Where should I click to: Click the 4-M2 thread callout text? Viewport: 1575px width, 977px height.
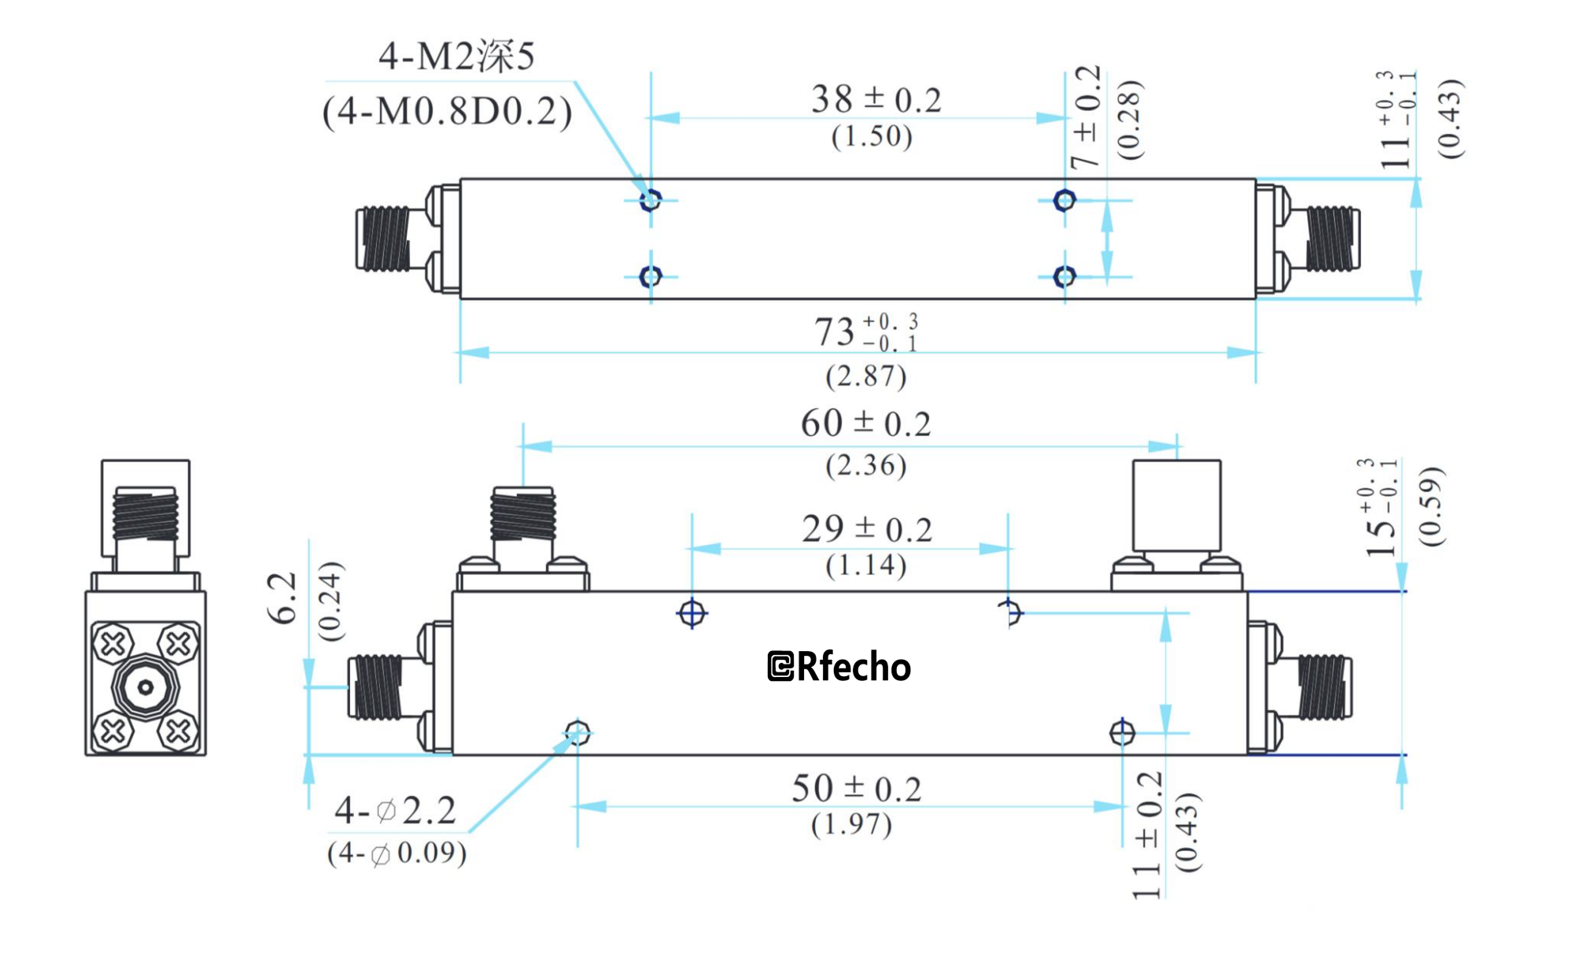tap(456, 57)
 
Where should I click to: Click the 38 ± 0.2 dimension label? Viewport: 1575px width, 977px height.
tap(876, 100)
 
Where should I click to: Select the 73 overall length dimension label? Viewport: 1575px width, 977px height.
tap(865, 331)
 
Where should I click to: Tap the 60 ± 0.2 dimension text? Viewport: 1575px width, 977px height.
tap(865, 424)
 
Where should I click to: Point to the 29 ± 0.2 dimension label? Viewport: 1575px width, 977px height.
tap(866, 529)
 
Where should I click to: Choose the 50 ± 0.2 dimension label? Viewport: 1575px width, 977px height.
tap(856, 789)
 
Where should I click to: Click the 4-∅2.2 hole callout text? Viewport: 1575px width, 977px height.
tap(396, 811)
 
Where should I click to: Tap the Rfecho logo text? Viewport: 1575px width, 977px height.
tap(839, 667)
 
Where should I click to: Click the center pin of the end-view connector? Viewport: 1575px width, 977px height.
tap(146, 687)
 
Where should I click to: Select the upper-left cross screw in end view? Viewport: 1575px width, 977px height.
tap(113, 644)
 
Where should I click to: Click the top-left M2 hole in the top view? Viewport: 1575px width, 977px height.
tap(651, 200)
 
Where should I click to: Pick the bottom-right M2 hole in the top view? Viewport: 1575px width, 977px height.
tap(1064, 276)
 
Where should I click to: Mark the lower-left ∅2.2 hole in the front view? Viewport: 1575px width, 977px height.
tap(577, 733)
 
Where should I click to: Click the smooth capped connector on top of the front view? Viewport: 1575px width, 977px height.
tap(1176, 505)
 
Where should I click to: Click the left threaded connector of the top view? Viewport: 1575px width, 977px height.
tap(384, 239)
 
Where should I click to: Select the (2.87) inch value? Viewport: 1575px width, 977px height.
tap(865, 376)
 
